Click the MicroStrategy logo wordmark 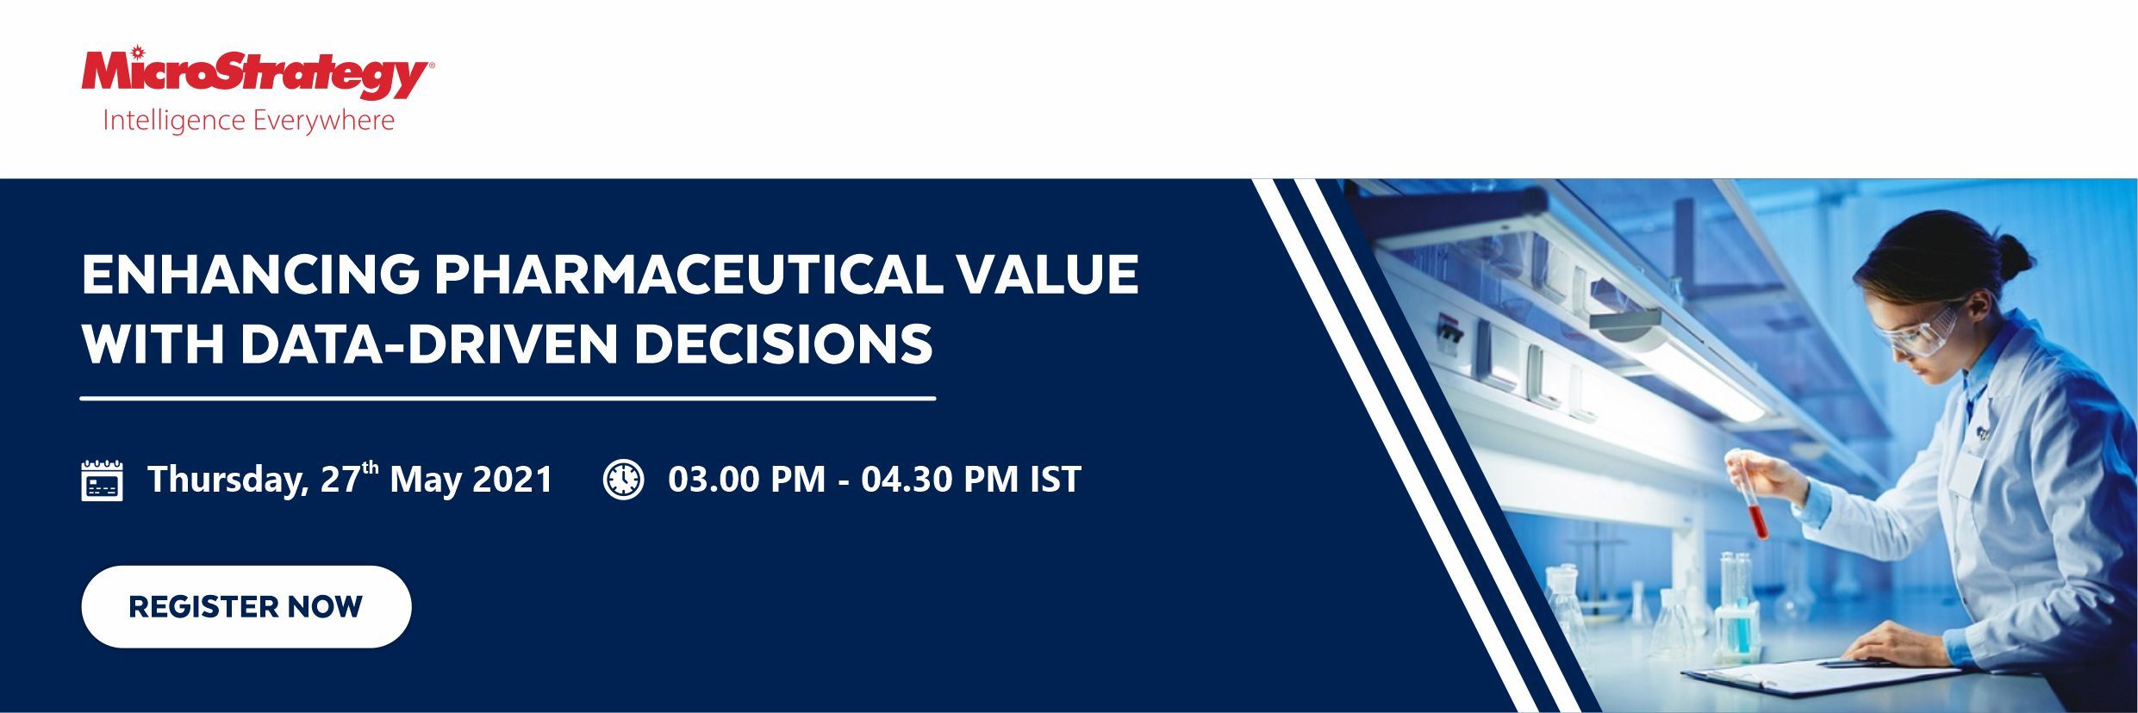pyautogui.click(x=257, y=73)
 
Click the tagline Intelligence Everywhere pyautogui.click(x=248, y=121)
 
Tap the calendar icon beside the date pyautogui.click(x=102, y=480)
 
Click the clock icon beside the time pyautogui.click(x=623, y=479)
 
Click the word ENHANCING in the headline pyautogui.click(x=251, y=274)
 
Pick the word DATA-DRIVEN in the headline pyautogui.click(x=429, y=343)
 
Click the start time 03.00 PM pyautogui.click(x=746, y=479)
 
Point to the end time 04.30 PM pyautogui.click(x=939, y=479)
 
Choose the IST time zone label pyautogui.click(x=1056, y=479)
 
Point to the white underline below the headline pyautogui.click(x=508, y=399)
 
